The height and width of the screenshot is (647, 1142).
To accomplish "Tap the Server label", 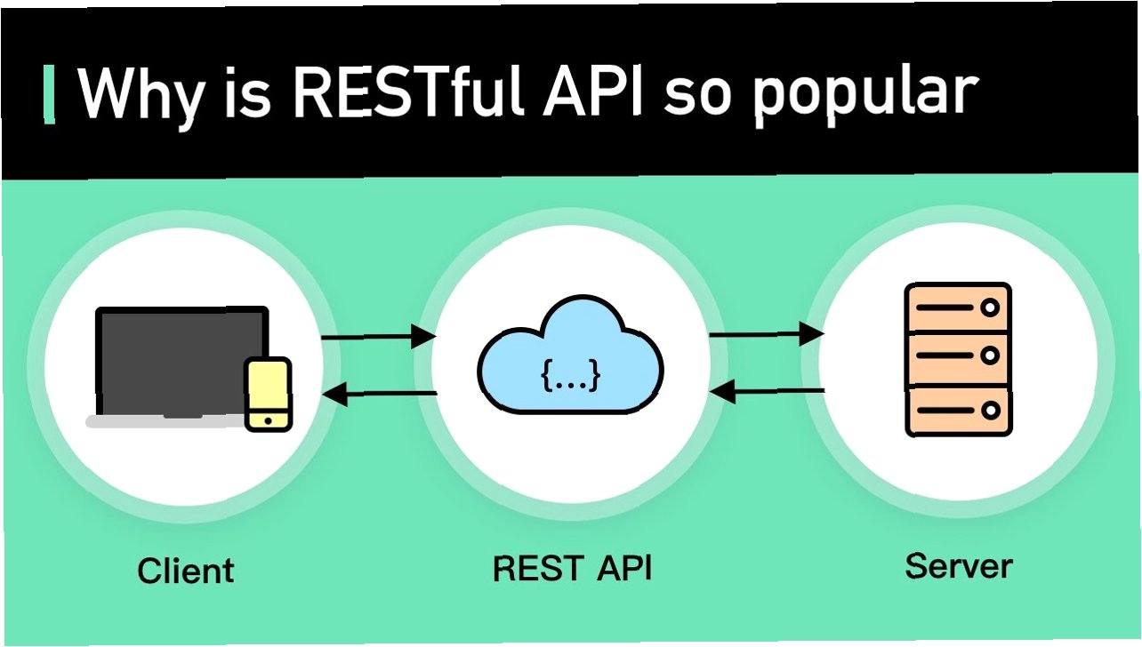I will coord(958,565).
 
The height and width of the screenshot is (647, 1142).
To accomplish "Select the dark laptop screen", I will coord(178,360).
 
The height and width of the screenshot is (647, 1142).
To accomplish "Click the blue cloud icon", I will coord(570,355).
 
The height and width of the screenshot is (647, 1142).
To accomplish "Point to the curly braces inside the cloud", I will coord(570,377).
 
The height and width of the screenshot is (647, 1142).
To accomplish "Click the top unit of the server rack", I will coord(957,308).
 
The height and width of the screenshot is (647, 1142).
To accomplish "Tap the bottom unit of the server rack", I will coord(957,411).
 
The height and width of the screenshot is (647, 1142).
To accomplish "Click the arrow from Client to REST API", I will coord(378,337).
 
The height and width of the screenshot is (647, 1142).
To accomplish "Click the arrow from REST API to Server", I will coord(766,334).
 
